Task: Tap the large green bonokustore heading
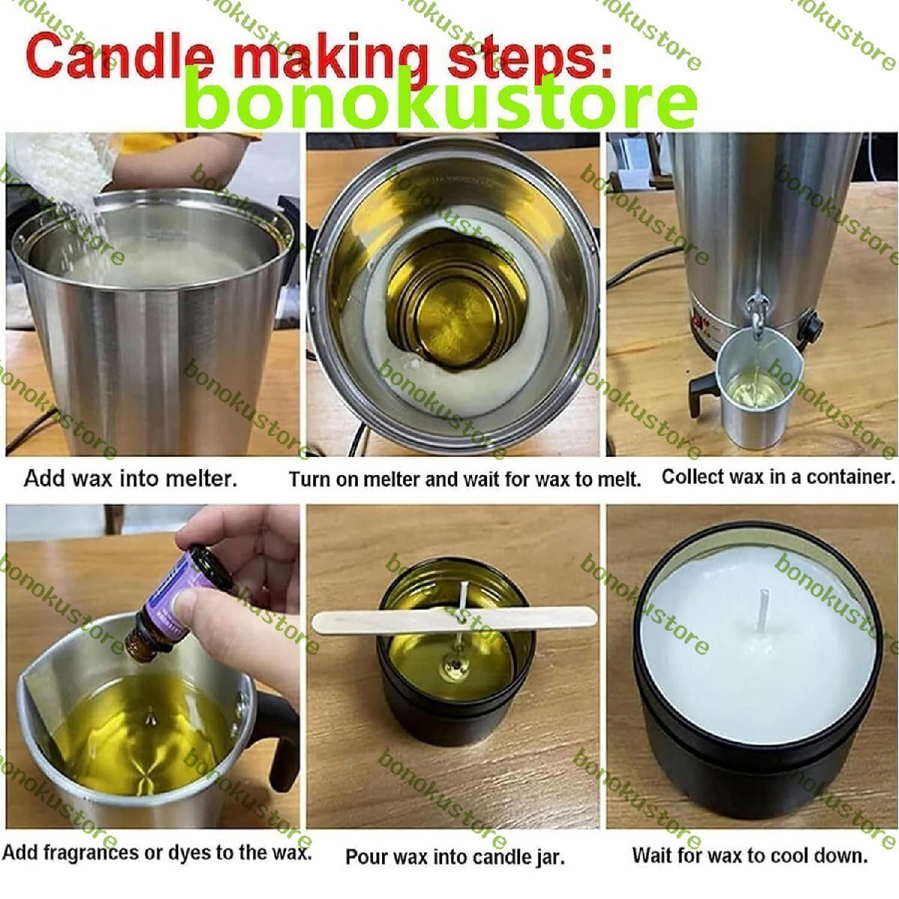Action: tap(441, 99)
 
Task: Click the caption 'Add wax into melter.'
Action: tap(130, 479)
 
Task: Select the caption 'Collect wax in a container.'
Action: tap(778, 476)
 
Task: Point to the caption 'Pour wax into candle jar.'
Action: tap(455, 857)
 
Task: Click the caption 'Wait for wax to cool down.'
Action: tap(750, 856)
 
